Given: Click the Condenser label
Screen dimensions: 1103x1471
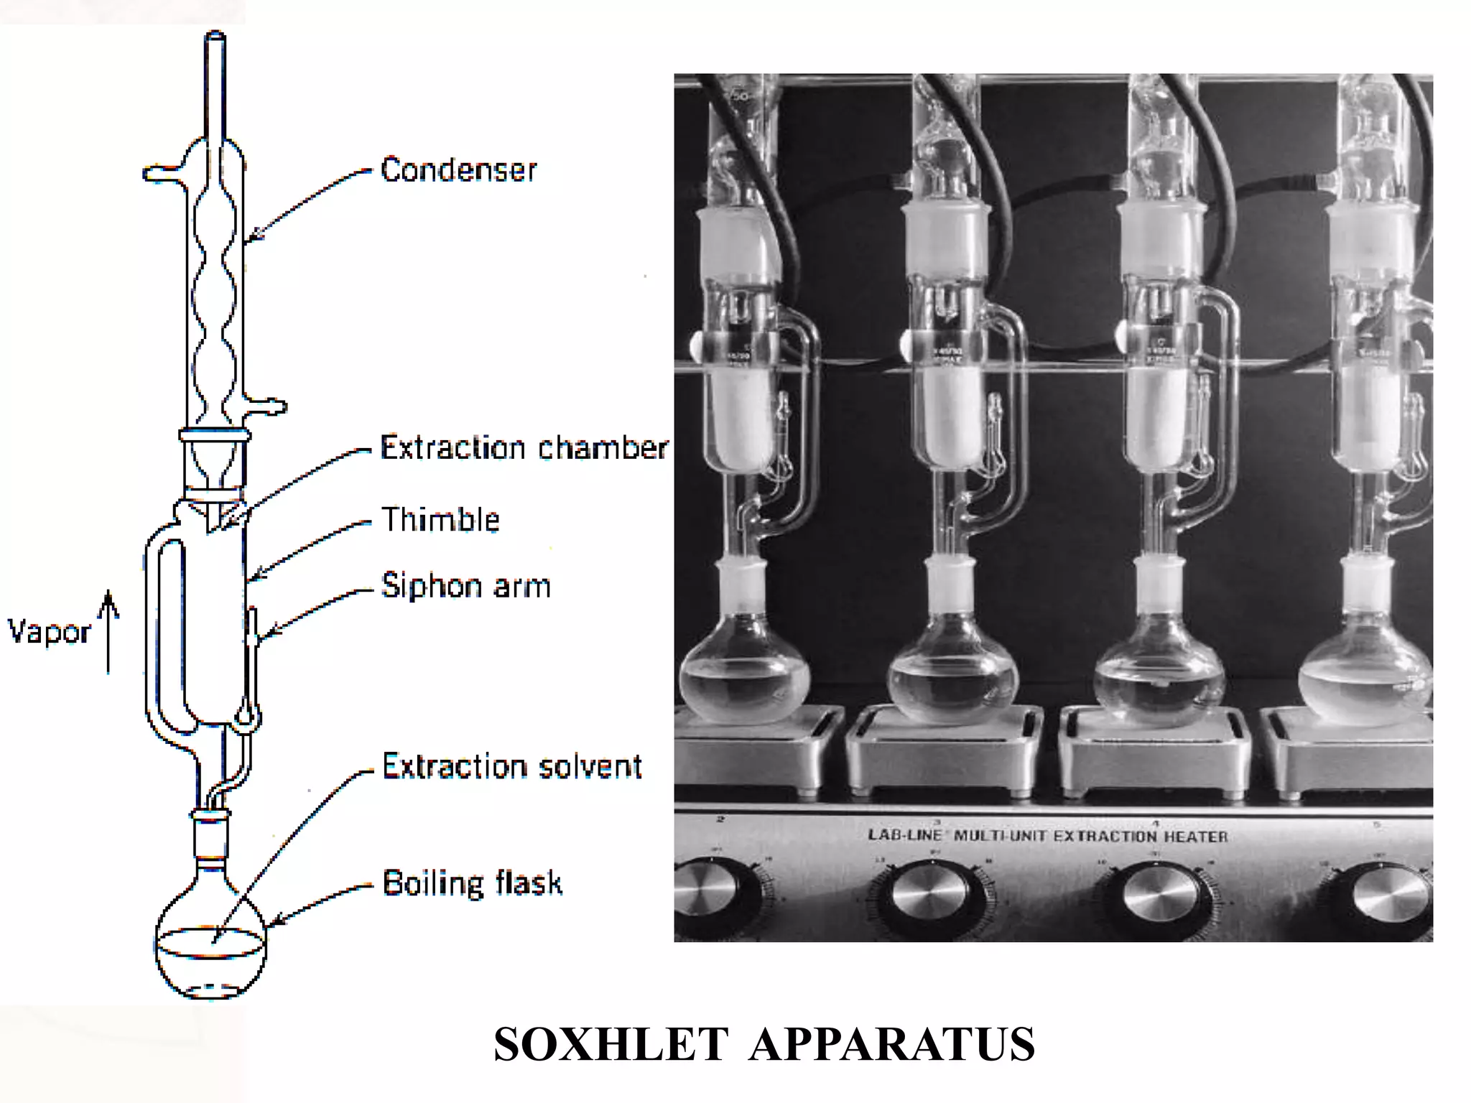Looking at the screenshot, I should [x=458, y=170].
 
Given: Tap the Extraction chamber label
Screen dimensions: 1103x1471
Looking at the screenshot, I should [x=524, y=448].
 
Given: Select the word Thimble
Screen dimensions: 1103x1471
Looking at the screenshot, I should [x=440, y=520].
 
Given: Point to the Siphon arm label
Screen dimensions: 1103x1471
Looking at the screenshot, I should [x=466, y=586].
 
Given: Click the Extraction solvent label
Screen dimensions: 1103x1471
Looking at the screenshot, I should [x=511, y=767].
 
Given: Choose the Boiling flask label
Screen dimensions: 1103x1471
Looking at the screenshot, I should [x=472, y=883].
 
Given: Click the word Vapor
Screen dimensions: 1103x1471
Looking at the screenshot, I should [x=49, y=633].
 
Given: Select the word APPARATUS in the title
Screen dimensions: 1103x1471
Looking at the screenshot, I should [x=891, y=1044].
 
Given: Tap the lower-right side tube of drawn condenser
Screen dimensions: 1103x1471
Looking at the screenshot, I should [x=269, y=407].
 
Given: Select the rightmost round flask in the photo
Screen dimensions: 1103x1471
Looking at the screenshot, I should [x=1365, y=679].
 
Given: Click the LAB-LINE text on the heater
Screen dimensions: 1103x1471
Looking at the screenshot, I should [x=904, y=835].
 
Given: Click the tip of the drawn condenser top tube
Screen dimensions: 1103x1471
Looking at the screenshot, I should [x=215, y=34].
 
